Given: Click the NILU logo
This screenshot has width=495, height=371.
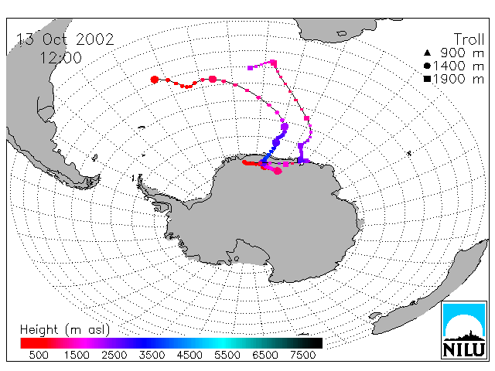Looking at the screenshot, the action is pyautogui.click(x=464, y=330).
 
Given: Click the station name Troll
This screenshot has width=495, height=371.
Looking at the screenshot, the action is pyautogui.click(x=469, y=39).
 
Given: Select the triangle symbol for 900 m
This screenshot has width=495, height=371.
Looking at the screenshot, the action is pyautogui.click(x=427, y=53).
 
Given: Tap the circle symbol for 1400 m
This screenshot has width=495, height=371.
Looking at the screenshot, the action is pyautogui.click(x=427, y=66).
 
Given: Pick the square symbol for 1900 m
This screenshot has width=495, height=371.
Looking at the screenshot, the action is pyautogui.click(x=427, y=79).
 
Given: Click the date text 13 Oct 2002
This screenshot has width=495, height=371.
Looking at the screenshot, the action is pyautogui.click(x=65, y=39).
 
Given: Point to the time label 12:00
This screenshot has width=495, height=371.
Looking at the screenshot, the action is pyautogui.click(x=60, y=58).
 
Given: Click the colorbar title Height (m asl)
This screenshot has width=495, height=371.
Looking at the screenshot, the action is pyautogui.click(x=65, y=330).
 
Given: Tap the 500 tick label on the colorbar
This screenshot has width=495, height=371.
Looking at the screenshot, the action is pyautogui.click(x=39, y=355).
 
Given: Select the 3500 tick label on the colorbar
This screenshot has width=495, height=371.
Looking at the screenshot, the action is pyautogui.click(x=152, y=355).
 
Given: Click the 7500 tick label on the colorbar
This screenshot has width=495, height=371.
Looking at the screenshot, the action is pyautogui.click(x=302, y=355).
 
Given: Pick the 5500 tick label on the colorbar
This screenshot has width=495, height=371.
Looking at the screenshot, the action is pyautogui.click(x=227, y=355).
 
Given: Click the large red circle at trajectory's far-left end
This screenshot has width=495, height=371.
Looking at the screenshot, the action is pyautogui.click(x=155, y=80).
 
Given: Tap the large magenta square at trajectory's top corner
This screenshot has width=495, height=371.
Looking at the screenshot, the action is pyautogui.click(x=273, y=63).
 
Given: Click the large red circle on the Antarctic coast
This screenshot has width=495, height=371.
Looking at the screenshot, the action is pyautogui.click(x=278, y=171).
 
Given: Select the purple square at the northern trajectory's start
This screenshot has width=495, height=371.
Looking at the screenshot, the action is pyautogui.click(x=251, y=68).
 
